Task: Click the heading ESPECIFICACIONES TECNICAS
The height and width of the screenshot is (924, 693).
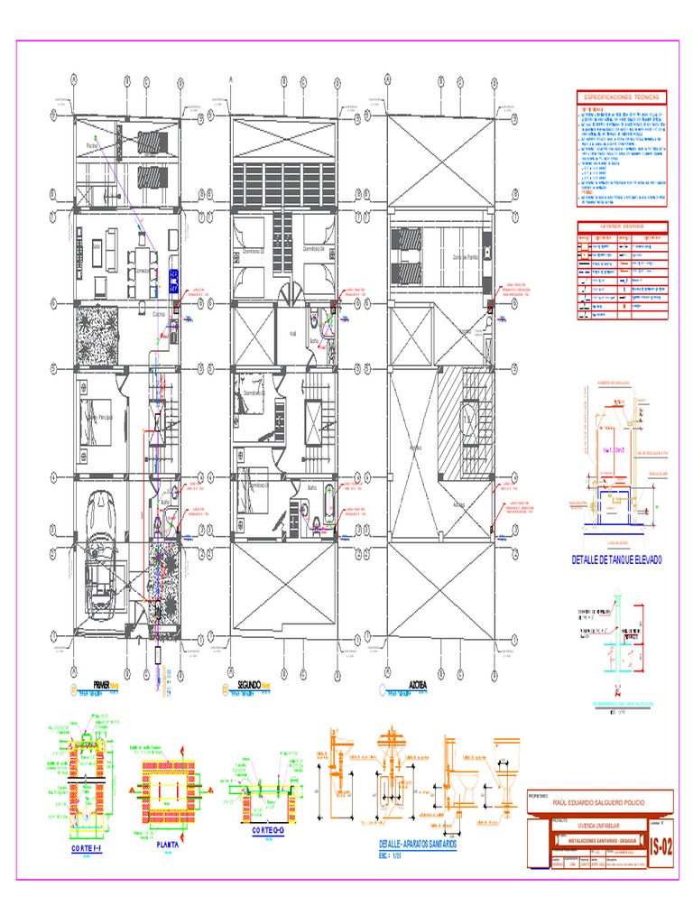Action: click(621, 97)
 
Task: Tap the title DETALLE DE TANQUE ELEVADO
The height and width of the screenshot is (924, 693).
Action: click(617, 560)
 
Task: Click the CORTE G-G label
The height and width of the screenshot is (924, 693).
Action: click(269, 829)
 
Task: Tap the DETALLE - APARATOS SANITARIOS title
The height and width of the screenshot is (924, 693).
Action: click(418, 842)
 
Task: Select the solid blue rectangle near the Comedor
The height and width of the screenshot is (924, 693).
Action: click(173, 280)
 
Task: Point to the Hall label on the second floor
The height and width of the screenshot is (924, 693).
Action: click(292, 332)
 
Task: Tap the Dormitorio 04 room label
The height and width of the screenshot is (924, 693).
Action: click(312, 247)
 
